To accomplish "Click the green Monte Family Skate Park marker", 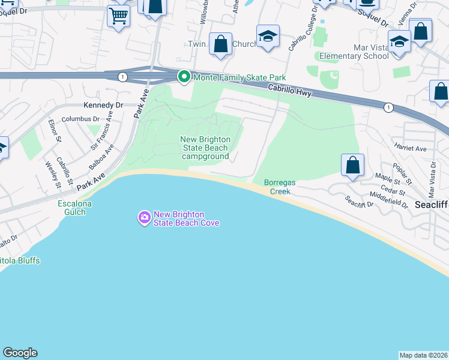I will (184, 77).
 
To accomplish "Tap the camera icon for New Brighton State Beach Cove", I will (144, 218).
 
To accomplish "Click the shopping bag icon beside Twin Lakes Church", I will (221, 44).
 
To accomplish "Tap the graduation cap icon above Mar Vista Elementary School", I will (399, 42).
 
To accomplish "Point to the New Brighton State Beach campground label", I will (205, 148).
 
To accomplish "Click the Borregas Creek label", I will (280, 187).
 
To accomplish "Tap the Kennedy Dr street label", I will (103, 105).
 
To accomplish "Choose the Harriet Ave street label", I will (410, 148).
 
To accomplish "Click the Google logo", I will (20, 353).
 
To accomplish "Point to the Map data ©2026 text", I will (423, 355).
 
